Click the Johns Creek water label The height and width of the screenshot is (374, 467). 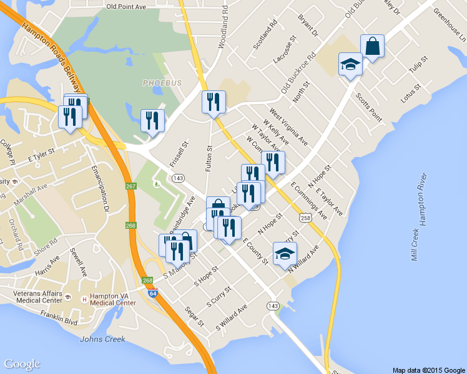pyautogui.click(x=102, y=339)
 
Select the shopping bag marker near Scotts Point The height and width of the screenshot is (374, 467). pyautogui.click(x=372, y=47)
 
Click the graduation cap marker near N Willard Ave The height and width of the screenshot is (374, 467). pyautogui.click(x=285, y=254)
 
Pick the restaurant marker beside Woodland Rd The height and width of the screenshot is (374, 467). pyautogui.click(x=214, y=103)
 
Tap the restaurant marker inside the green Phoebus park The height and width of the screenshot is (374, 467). pyautogui.click(x=152, y=122)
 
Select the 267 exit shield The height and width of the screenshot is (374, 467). pyautogui.click(x=130, y=186)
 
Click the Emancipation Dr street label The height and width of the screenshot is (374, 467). pyautogui.click(x=101, y=186)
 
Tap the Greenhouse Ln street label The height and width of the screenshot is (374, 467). pyautogui.click(x=449, y=25)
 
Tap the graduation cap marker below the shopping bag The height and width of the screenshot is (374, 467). pyautogui.click(x=350, y=65)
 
